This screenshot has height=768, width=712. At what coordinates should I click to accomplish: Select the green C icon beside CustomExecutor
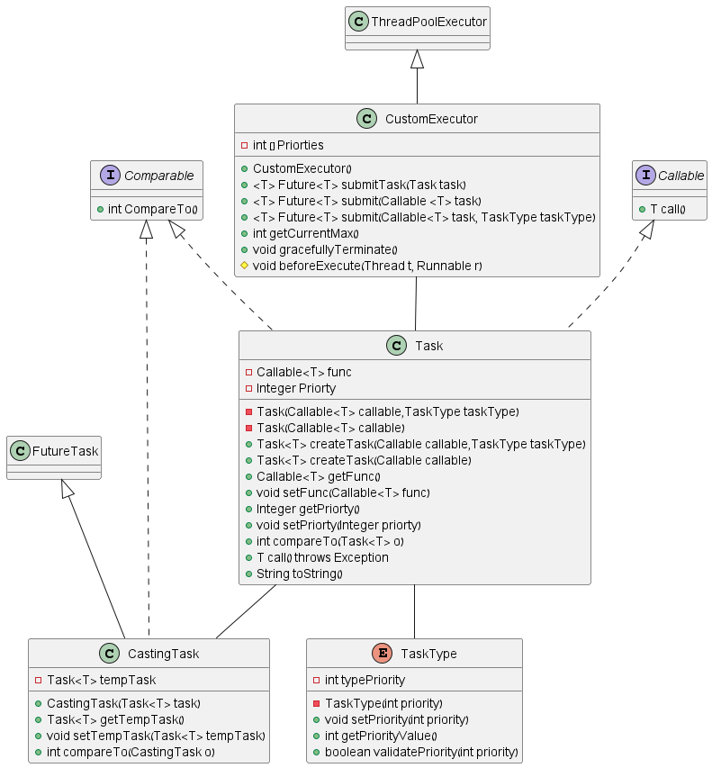coord(366,119)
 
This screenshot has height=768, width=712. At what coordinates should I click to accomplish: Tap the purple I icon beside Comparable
coord(105,176)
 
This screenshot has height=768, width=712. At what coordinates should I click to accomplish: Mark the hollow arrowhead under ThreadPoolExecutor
coord(417,59)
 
